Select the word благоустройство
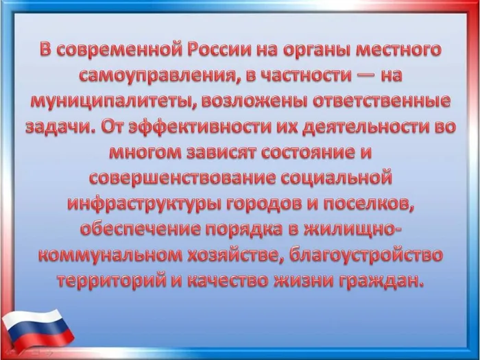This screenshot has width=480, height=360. click(365, 255)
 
